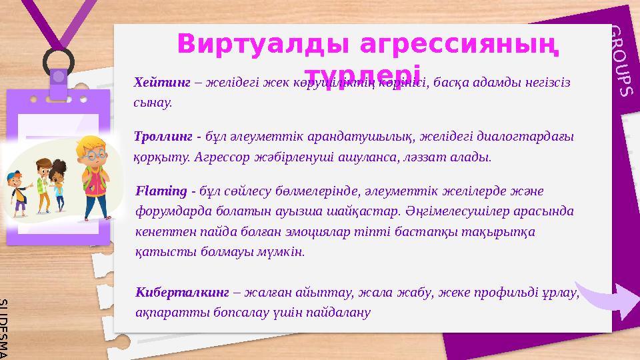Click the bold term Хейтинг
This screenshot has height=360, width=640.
coord(153,83)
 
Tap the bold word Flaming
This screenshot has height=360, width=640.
coord(161,191)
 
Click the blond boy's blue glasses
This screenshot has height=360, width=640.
coord(95,152)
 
